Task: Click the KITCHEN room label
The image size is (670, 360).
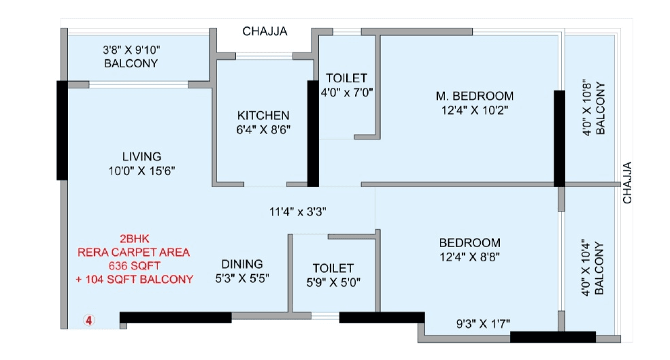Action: (x=263, y=115)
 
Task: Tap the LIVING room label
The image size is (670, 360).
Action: (x=141, y=157)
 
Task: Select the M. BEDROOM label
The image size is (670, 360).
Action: (x=474, y=95)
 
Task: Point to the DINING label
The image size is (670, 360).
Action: (x=242, y=264)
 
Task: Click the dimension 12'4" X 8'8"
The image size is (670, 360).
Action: (x=469, y=257)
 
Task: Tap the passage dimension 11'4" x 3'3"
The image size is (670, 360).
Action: (x=299, y=211)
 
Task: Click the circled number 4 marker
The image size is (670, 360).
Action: (x=88, y=318)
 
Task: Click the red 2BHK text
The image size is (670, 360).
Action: (x=135, y=238)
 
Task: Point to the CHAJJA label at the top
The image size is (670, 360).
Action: (x=265, y=31)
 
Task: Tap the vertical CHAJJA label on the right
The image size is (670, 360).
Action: (x=627, y=182)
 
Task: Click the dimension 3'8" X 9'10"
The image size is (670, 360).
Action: (x=131, y=50)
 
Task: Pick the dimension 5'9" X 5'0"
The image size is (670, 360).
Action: (x=333, y=282)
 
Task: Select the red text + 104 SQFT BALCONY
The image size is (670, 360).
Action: (x=135, y=279)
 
